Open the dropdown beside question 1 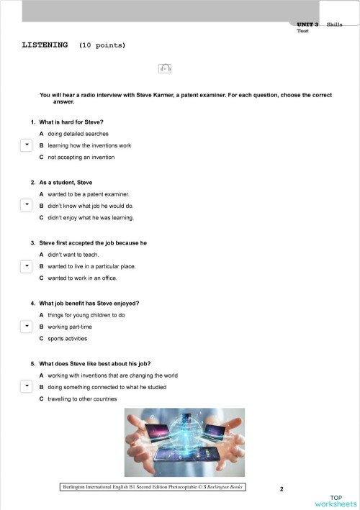(x=25, y=145)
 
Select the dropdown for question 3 (x=25, y=266)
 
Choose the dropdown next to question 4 (x=25, y=327)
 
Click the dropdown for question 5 (x=25, y=387)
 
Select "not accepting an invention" (x=81, y=157)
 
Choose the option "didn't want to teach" (x=77, y=255)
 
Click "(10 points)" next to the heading (x=102, y=45)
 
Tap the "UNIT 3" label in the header (x=307, y=25)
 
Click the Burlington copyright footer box (x=152, y=487)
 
